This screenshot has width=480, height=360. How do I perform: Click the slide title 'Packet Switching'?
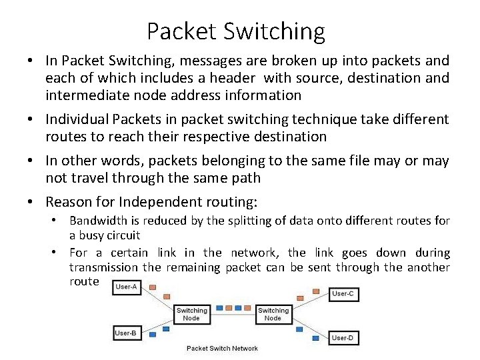236,31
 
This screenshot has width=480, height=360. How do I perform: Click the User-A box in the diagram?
125,287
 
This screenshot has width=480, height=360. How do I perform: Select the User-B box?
125,333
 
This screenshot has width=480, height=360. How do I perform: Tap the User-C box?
343,293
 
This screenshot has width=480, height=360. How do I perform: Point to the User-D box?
342,337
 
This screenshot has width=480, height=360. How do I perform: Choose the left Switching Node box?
191,314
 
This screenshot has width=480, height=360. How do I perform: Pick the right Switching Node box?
273,314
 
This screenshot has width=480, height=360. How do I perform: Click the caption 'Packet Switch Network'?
222,349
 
